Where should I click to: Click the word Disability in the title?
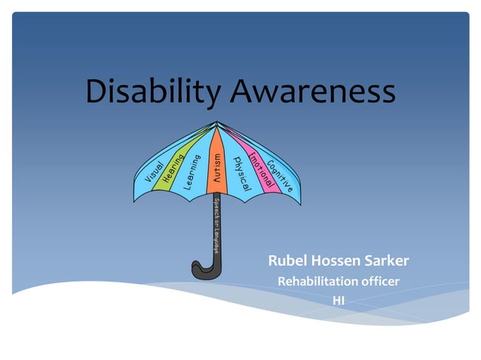coord(153,92)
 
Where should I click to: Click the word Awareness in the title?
coord(311,92)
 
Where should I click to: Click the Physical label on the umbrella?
coord(242,172)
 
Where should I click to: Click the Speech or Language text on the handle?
coord(216,224)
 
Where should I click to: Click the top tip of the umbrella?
coord(217,121)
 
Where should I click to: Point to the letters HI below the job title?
coord(339,300)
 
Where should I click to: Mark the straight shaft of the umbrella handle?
coord(216,241)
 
